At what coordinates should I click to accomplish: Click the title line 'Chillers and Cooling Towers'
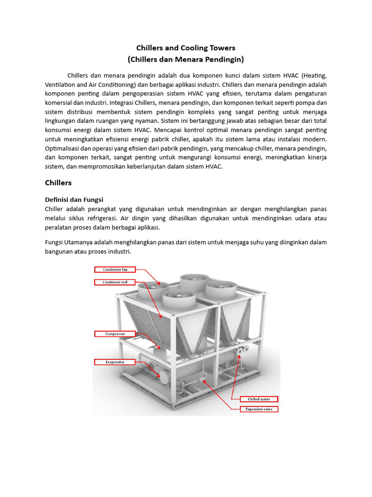click(186, 48)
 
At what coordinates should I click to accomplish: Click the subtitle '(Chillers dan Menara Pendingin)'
click(186, 60)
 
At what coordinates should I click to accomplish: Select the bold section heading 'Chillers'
click(58, 182)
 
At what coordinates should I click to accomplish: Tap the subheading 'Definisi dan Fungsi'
click(74, 199)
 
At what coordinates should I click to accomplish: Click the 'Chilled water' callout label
click(260, 399)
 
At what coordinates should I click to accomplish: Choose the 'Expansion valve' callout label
click(260, 409)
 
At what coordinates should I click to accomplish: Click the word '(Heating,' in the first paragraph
click(314, 75)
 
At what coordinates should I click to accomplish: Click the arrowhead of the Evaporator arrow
click(160, 376)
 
